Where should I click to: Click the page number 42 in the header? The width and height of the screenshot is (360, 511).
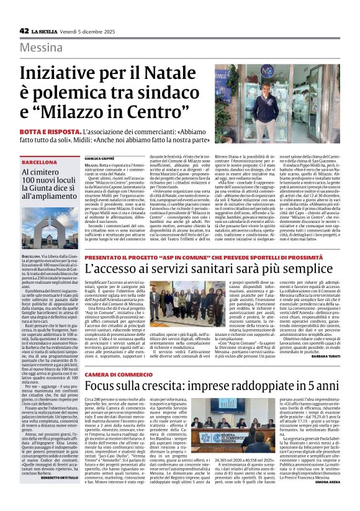(x=24, y=30)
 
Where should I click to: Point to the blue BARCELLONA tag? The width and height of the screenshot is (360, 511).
(x=38, y=161)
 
